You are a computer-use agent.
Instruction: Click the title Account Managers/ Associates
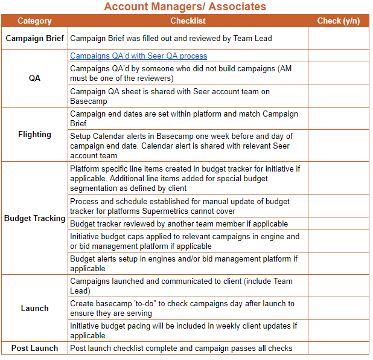click(185, 7)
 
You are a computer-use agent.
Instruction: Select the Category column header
click(34, 21)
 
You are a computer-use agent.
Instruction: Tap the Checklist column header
click(188, 21)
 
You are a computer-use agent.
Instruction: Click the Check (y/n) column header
click(338, 21)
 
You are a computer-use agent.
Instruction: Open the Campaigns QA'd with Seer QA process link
click(138, 56)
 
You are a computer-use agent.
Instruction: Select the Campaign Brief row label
click(34, 38)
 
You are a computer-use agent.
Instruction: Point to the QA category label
click(34, 79)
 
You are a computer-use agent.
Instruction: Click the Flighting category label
click(34, 135)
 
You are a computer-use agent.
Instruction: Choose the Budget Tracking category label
click(34, 218)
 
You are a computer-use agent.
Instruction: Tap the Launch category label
click(34, 308)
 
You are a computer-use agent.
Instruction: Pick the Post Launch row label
click(34, 348)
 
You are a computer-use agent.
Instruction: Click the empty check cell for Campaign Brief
click(338, 38)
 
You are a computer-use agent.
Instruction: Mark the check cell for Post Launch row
click(338, 348)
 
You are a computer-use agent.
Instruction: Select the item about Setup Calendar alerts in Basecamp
click(181, 146)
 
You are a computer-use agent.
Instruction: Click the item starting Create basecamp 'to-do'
click(182, 308)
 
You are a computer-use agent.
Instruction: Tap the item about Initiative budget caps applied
click(185, 242)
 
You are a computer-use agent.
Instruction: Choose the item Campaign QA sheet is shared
click(170, 97)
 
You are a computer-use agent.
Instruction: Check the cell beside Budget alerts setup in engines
click(338, 263)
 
